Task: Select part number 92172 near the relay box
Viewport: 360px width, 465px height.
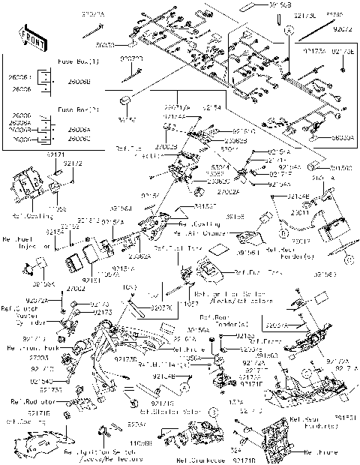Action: pos(73,163)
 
